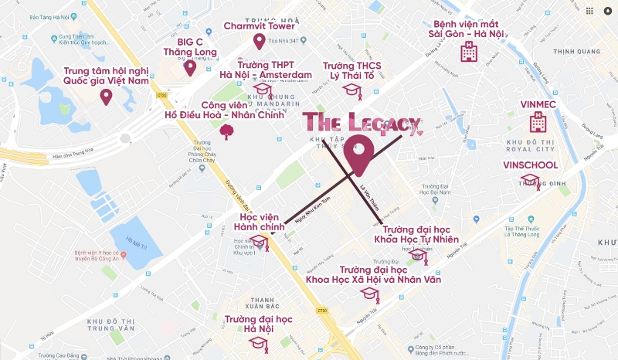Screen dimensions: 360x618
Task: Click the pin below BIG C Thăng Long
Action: point(190,67)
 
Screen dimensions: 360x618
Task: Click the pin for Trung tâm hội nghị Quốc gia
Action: point(106,97)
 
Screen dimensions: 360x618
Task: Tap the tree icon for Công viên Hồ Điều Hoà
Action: point(228,131)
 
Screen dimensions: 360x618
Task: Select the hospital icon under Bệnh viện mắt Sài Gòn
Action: point(469,52)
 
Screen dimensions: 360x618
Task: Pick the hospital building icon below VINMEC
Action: point(538,121)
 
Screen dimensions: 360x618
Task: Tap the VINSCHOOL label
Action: point(530,165)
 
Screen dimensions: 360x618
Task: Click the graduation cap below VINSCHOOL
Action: point(530,182)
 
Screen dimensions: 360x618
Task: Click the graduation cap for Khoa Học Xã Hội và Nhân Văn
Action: point(370,294)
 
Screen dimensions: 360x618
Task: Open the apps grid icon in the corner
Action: point(589,12)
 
